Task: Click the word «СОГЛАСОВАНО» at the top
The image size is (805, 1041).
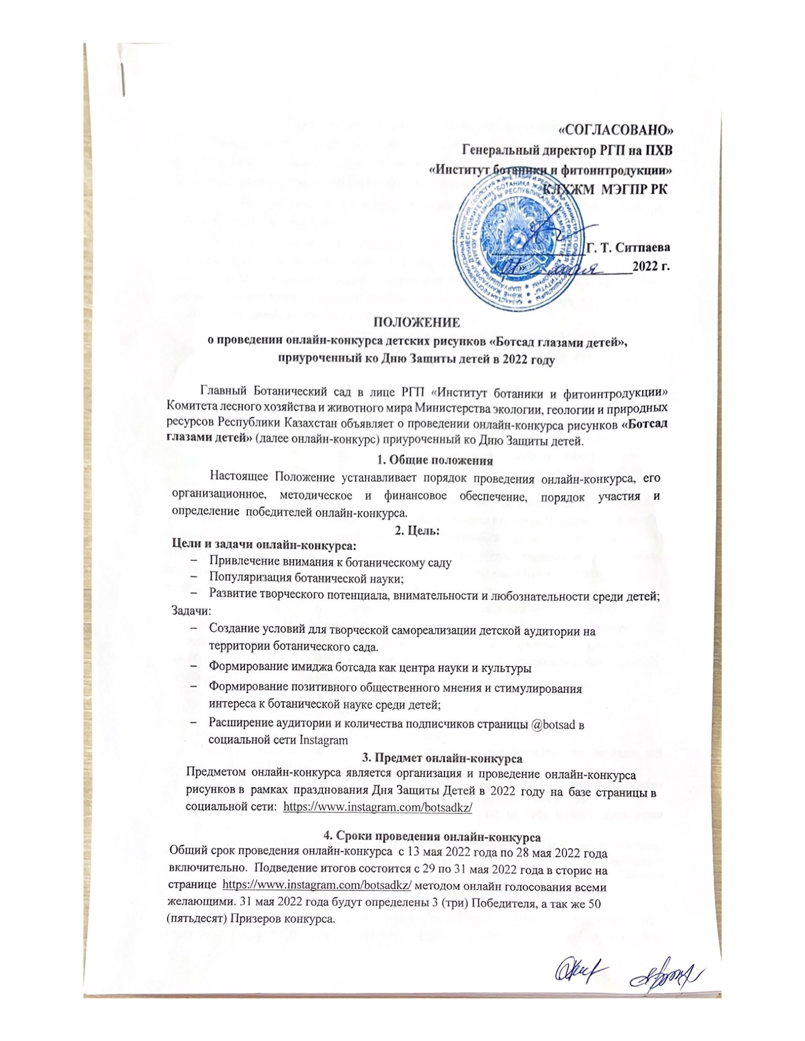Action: tap(618, 130)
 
